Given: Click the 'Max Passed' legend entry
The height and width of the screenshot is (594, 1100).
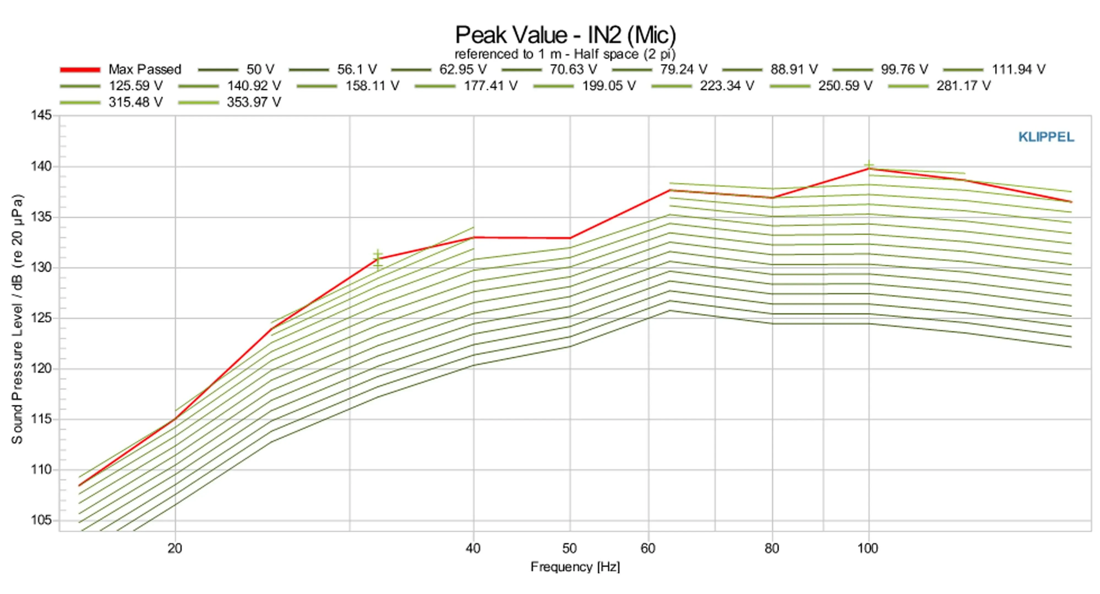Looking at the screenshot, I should (x=144, y=69).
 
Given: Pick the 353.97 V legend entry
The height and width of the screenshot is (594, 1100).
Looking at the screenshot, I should (x=254, y=102).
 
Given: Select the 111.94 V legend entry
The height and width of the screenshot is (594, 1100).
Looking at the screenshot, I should (x=1018, y=69).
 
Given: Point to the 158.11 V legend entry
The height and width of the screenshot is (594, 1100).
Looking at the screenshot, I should (x=372, y=86).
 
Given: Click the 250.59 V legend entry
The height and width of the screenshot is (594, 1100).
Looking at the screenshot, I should (x=845, y=86).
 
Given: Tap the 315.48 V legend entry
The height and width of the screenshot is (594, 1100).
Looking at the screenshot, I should (x=135, y=102).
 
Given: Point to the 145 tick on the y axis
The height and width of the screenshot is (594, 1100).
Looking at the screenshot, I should (x=41, y=115).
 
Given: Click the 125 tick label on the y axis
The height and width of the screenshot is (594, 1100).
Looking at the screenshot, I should (x=41, y=318).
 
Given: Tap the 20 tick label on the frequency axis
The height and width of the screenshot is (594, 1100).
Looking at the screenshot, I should (x=175, y=548).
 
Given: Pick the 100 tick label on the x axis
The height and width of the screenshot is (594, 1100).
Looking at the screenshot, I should (x=868, y=548).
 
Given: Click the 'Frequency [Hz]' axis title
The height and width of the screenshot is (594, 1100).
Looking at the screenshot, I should (x=575, y=567).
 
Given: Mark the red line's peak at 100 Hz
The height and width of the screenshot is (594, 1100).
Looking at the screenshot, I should (x=868, y=169).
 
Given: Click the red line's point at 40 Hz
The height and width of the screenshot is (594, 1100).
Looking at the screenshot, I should (x=473, y=237).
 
